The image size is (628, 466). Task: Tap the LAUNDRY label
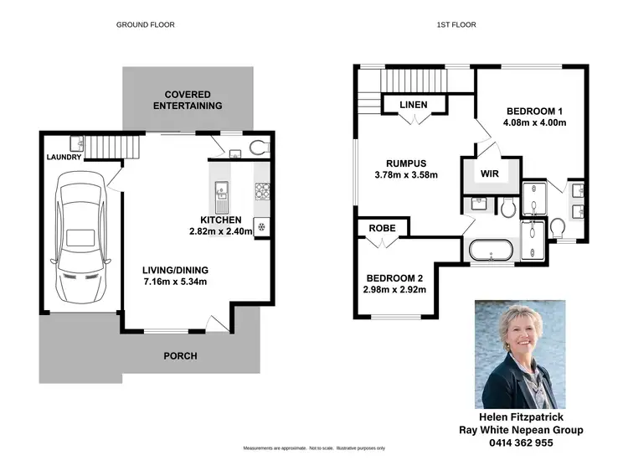64,157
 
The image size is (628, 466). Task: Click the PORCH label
180,356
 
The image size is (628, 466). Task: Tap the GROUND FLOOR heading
145,25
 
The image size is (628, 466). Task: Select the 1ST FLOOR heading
456,25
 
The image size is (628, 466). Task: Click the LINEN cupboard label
414,105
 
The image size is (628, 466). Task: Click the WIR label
490,174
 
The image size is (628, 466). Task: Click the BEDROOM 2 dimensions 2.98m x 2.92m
396,290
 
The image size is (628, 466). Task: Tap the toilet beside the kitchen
260,148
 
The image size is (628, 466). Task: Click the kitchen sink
223,194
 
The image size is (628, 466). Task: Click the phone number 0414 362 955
521,442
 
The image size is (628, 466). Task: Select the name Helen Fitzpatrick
521,416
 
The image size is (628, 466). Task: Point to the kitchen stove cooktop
262,194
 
